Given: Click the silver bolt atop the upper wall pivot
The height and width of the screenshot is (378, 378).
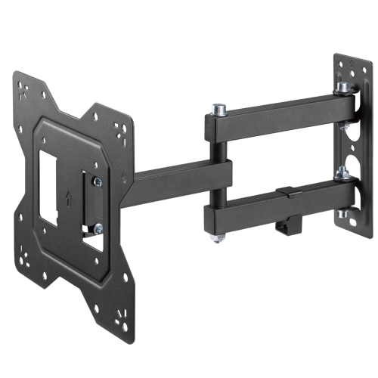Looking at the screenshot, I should (342, 88).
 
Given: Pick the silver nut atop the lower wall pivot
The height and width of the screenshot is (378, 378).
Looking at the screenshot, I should (342, 175).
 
